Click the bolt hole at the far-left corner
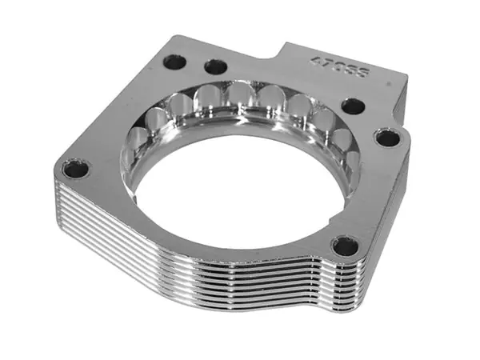pyautogui.click(x=76, y=169)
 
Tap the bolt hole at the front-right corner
pyautogui.click(x=346, y=246)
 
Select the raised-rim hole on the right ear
pyautogui.click(x=387, y=138)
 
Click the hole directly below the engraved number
pyautogui.click(x=353, y=106)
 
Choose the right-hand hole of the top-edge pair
pyautogui.click(x=215, y=66)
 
